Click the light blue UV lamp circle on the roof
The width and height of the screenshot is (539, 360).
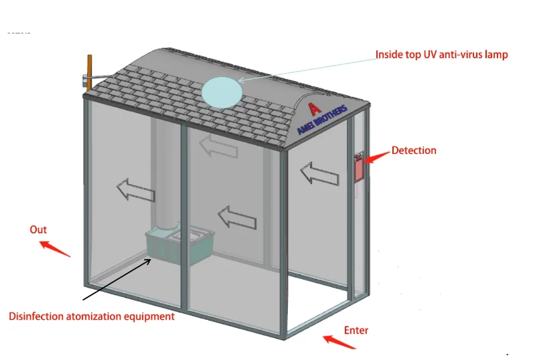(222, 93)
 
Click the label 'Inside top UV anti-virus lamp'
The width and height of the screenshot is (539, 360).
(441, 54)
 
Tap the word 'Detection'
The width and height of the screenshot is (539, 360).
(414, 151)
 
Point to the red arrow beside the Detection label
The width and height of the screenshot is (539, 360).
(378, 157)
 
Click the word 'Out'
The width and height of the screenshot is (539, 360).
(38, 230)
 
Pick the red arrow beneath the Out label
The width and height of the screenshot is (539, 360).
(55, 248)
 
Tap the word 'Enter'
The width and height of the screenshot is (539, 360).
(356, 330)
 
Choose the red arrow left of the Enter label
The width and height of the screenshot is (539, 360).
(339, 341)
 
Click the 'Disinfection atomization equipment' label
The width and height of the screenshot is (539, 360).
(92, 316)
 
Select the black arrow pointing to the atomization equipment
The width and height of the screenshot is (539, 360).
(117, 278)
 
